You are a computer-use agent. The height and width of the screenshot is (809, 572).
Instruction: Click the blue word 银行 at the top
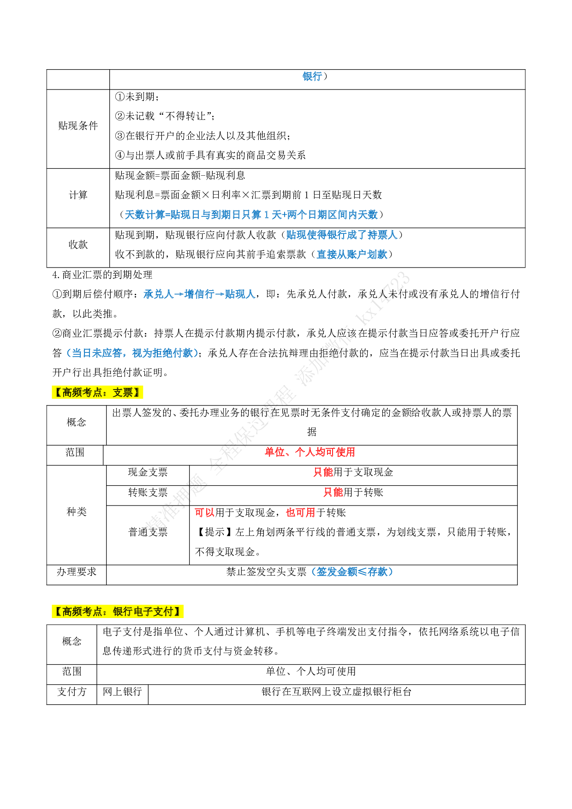(x=312, y=77)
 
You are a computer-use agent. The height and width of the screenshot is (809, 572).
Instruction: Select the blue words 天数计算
(x=145, y=215)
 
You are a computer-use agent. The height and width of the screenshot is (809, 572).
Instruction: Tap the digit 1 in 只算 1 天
(x=266, y=215)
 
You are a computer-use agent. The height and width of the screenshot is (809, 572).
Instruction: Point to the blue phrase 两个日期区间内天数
(x=332, y=215)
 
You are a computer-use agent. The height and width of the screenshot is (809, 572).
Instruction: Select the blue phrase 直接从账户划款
(x=352, y=255)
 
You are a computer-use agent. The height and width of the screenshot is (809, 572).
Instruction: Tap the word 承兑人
(x=158, y=294)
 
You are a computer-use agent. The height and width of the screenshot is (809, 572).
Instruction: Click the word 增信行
(x=199, y=294)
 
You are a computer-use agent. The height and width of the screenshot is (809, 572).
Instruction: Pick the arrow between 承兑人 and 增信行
(x=179, y=294)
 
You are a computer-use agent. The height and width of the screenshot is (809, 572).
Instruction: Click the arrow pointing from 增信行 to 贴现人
(x=219, y=294)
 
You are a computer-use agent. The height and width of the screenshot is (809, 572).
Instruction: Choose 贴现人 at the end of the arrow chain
(x=240, y=294)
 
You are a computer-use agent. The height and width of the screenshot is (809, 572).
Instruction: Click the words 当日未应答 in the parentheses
(x=96, y=353)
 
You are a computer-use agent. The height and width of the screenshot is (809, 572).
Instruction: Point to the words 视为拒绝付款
(x=162, y=353)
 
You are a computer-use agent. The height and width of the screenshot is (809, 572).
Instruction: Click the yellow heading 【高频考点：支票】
(x=97, y=393)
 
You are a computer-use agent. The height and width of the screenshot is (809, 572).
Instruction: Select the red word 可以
(x=204, y=513)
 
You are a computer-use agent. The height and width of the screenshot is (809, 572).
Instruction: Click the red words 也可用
(x=300, y=513)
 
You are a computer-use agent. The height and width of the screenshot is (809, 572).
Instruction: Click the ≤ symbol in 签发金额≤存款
(x=363, y=572)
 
